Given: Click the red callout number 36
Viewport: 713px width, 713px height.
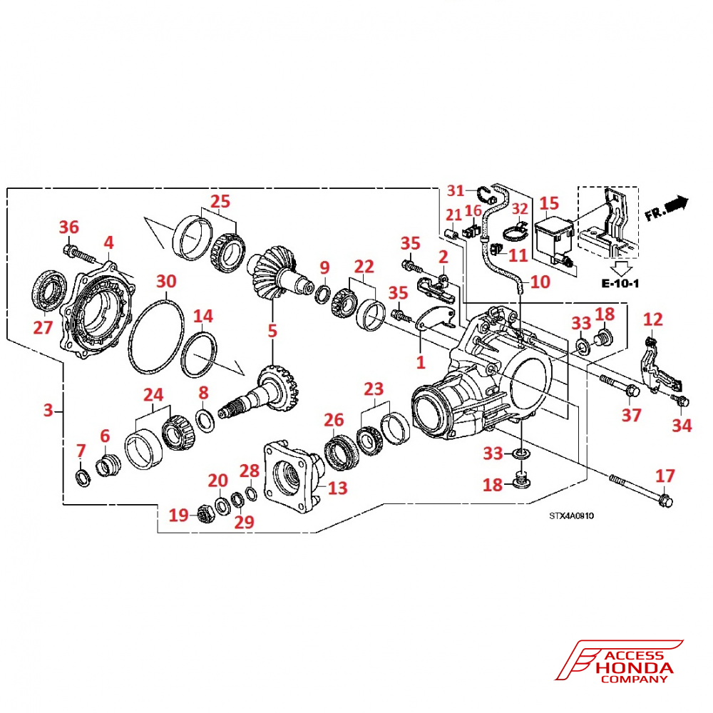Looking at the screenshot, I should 69,227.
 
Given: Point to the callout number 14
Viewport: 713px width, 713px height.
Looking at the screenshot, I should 203,315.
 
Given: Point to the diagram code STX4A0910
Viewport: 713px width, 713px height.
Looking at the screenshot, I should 571,515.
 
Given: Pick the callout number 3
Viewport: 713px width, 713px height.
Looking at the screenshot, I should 48,410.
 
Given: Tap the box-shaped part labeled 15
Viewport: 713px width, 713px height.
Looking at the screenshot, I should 553,235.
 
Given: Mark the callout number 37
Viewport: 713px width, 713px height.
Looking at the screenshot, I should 632,414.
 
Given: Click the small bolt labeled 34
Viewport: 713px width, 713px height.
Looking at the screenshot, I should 680,401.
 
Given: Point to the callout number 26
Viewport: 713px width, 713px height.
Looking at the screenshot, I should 334,421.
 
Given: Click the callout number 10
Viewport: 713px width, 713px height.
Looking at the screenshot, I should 540,282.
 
